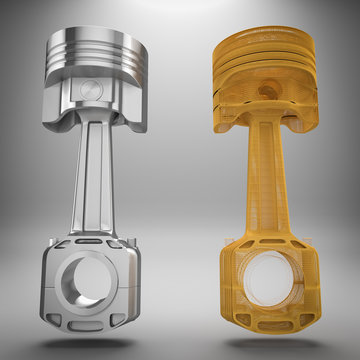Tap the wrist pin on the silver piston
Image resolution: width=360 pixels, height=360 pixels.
point(93,89)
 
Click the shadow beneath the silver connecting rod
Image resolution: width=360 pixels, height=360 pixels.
point(90,345)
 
